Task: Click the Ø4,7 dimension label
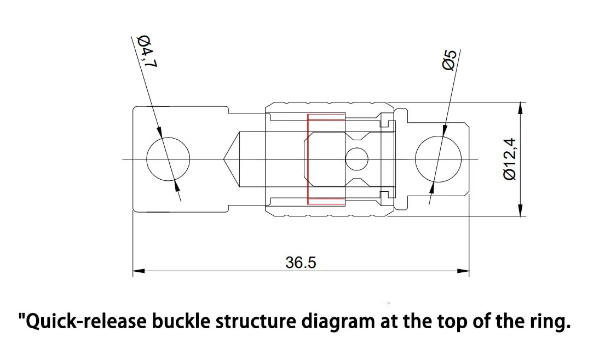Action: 147,52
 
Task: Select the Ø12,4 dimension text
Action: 509,159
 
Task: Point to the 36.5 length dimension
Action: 301,262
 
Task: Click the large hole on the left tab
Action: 168,159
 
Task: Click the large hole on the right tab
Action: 437,159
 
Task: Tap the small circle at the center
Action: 356,159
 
